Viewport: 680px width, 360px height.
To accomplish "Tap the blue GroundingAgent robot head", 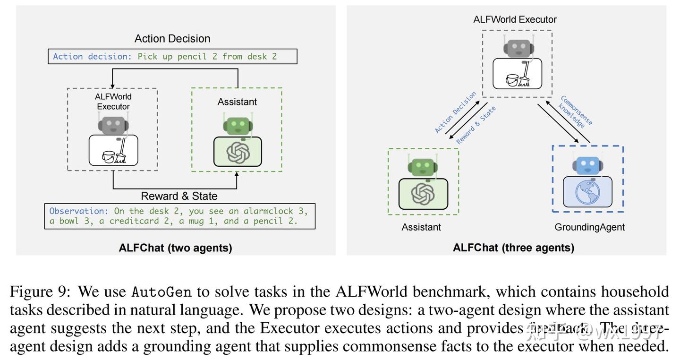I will click(587, 165).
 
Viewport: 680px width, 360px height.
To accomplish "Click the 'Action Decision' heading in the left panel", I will click(172, 39).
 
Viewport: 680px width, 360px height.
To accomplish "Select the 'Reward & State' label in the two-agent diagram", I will click(179, 196).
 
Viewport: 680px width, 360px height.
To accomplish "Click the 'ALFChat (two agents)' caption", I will click(176, 248).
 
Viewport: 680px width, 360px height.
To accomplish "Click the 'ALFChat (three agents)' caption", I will click(513, 248).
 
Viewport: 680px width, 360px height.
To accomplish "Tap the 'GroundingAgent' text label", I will click(589, 227).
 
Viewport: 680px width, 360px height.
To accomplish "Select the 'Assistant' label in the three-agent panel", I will click(421, 227).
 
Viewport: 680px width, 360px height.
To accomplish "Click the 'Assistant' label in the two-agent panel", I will click(237, 102).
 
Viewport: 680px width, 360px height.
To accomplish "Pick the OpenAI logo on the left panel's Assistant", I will click(238, 153).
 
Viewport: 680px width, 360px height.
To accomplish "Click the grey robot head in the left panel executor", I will click(113, 125).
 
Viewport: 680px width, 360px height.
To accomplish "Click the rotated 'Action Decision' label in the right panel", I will click(455, 112).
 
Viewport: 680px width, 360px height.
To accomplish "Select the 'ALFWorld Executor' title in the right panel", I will click(515, 20).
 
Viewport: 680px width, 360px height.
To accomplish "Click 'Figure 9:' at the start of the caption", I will click(40, 292).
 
